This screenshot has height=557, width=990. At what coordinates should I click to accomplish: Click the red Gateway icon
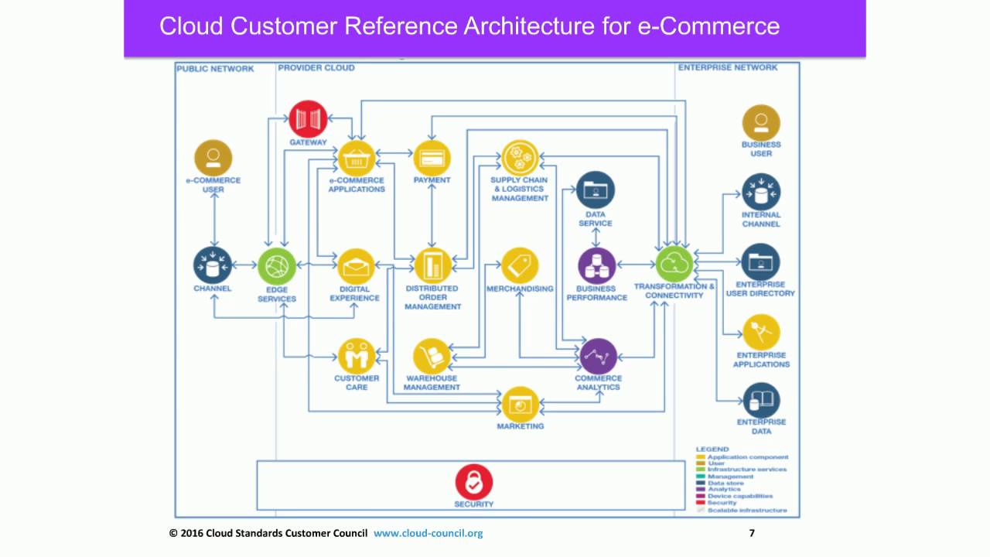click(308, 119)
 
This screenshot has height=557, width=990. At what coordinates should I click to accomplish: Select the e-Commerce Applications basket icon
click(356, 159)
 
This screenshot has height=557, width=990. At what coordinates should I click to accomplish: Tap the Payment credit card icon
click(432, 159)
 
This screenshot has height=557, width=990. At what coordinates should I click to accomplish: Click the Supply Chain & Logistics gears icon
click(520, 158)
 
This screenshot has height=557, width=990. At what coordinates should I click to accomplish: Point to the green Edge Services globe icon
click(276, 267)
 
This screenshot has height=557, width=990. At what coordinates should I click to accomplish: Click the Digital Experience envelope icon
click(356, 267)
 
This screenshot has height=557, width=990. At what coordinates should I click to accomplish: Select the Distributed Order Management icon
click(432, 266)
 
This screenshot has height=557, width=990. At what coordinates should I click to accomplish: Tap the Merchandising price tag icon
click(520, 266)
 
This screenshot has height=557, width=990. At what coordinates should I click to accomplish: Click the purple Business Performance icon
click(596, 266)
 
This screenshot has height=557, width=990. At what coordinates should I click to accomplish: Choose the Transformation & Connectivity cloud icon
click(674, 265)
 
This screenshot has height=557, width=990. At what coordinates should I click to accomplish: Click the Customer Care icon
click(357, 357)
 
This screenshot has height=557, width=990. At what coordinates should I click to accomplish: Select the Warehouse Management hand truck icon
click(432, 357)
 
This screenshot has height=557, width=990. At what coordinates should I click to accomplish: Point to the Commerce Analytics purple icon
click(598, 357)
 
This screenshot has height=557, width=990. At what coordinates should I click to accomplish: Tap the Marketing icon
click(520, 404)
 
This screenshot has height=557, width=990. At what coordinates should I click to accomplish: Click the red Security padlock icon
click(474, 482)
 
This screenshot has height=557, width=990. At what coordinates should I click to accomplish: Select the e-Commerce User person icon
click(213, 159)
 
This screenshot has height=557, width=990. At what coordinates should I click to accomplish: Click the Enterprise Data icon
click(761, 401)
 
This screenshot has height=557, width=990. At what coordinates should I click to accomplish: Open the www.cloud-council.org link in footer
click(428, 533)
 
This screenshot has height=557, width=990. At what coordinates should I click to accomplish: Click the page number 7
click(752, 533)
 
